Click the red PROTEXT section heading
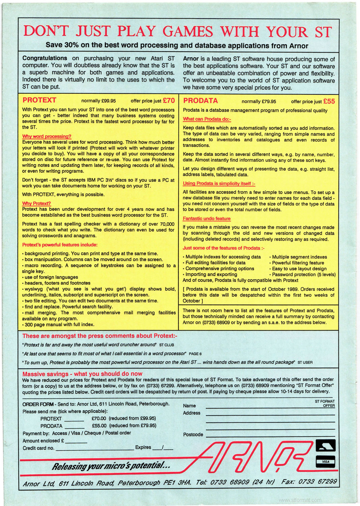click(x=39, y=100)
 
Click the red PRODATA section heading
click(x=200, y=101)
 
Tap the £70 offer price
click(x=169, y=101)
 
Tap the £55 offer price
click(x=329, y=101)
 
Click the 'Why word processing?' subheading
click(x=47, y=136)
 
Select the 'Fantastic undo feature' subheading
click(x=206, y=219)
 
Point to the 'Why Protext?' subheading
click(x=36, y=203)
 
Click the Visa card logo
click(x=325, y=461)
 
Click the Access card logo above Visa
click(x=325, y=446)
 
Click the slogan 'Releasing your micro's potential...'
click(x=111, y=466)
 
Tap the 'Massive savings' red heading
click(x=82, y=374)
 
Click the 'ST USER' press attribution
click(x=305, y=363)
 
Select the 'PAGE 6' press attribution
click(x=195, y=354)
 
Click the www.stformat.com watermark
click(x=300, y=500)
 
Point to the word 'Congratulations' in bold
click(x=45, y=58)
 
